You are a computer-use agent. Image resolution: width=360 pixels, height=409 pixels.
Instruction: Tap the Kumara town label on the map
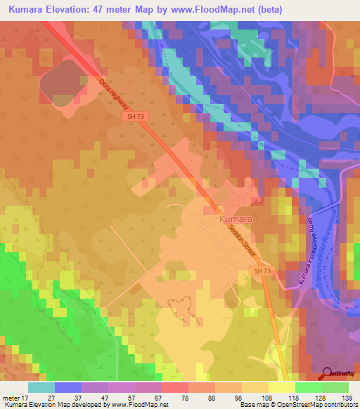click(x=236, y=219)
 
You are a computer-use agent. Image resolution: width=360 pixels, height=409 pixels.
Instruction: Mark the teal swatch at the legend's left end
click(x=41, y=387)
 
